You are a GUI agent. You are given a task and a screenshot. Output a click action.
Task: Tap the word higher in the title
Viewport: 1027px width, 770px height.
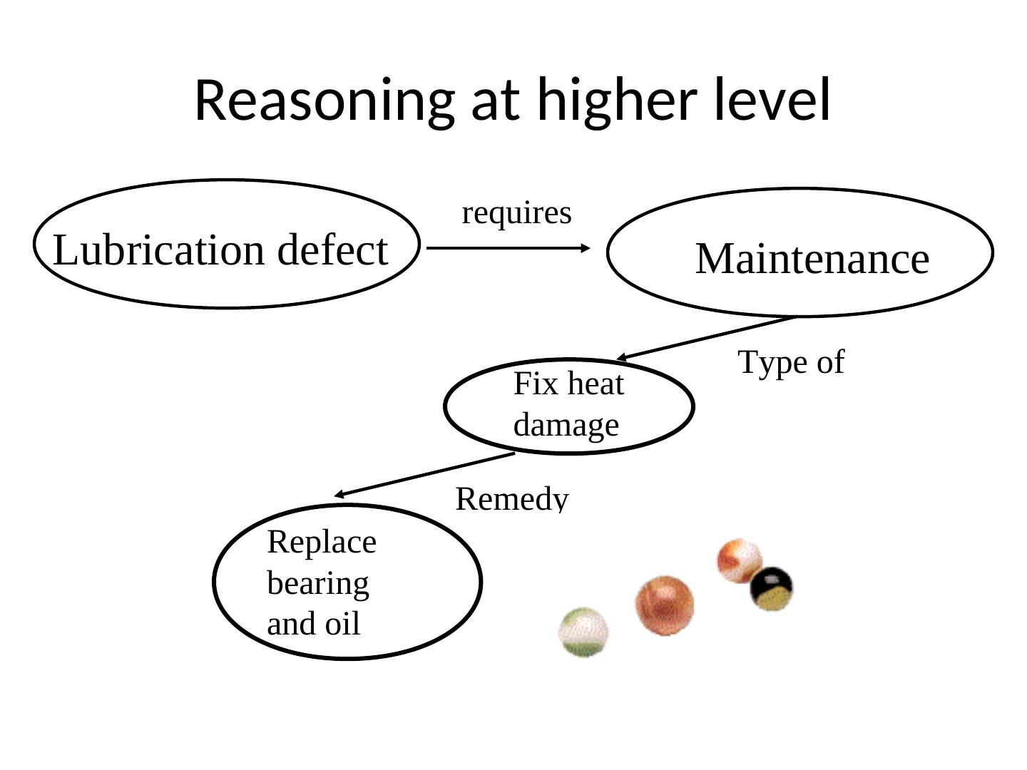(616, 101)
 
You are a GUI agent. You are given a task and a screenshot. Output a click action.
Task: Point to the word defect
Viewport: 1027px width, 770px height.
(332, 250)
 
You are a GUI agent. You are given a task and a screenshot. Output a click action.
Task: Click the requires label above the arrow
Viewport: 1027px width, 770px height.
(516, 213)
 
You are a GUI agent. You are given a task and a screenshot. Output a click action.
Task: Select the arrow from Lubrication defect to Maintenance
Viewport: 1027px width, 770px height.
(508, 248)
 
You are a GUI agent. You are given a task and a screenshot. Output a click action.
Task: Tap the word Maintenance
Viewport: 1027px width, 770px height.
(812, 258)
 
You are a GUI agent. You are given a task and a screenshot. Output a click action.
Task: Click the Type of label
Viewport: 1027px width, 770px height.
(790, 362)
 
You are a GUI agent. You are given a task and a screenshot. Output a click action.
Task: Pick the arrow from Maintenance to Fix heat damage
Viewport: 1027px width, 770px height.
(706, 337)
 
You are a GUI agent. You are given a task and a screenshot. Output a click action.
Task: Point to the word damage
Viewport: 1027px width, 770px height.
(566, 426)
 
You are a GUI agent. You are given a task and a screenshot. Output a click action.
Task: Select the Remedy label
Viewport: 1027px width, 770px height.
(511, 498)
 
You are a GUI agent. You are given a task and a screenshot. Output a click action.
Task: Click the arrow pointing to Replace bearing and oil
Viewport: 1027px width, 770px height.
(424, 474)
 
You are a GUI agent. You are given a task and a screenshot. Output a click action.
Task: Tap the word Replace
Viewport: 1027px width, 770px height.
(322, 543)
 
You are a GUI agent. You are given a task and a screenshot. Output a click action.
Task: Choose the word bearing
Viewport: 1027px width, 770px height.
(318, 583)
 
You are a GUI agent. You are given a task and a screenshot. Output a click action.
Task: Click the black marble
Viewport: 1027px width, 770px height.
(771, 588)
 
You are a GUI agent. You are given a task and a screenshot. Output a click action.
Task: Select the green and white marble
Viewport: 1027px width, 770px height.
(583, 632)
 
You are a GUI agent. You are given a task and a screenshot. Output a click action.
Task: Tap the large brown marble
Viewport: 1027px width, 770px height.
(664, 605)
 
